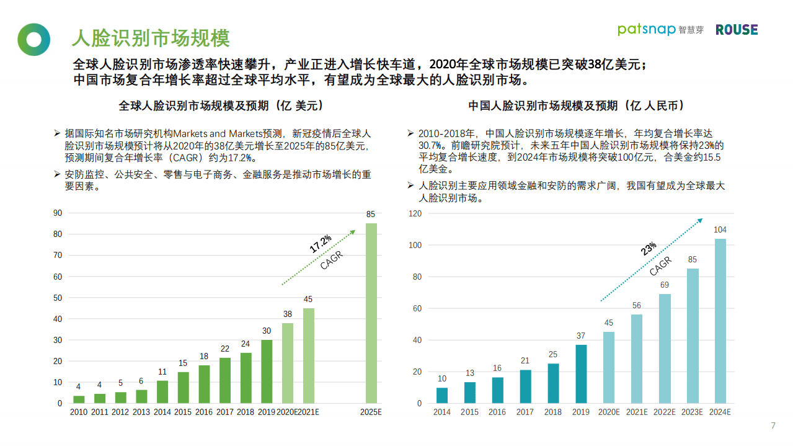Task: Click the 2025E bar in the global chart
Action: click(x=371, y=313)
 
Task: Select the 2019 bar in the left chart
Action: click(x=267, y=371)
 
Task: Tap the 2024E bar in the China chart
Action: click(x=720, y=321)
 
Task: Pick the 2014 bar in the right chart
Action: click(x=442, y=395)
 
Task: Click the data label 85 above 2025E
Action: click(x=371, y=215)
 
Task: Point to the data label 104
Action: click(x=720, y=230)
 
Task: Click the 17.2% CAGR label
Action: click(x=321, y=244)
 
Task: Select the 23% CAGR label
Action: click(x=649, y=249)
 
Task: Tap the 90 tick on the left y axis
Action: click(x=58, y=213)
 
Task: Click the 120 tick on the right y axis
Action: click(x=415, y=213)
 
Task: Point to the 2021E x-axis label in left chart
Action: click(x=308, y=412)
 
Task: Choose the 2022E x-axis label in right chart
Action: click(x=664, y=412)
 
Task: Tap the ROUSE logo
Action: click(x=737, y=30)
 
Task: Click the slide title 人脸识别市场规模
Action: click(x=151, y=38)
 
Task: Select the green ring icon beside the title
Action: click(x=33, y=39)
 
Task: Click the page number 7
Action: click(x=773, y=426)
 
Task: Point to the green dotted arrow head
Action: click(x=353, y=232)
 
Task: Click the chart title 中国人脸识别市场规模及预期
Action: click(x=576, y=105)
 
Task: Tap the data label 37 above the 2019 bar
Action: click(x=580, y=336)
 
